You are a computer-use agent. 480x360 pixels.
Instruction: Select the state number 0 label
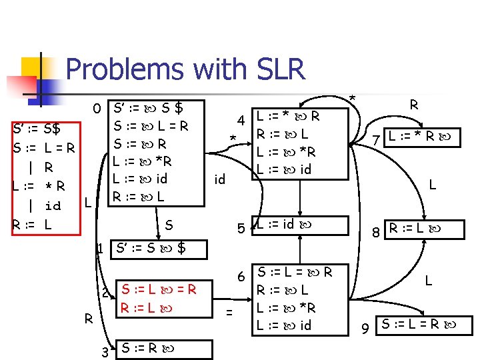97,108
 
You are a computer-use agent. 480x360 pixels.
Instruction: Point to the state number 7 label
376,141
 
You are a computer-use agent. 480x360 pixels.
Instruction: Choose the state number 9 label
365,328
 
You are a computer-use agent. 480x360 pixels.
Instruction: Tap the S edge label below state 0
169,226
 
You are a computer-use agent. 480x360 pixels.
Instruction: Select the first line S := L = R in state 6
295,272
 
